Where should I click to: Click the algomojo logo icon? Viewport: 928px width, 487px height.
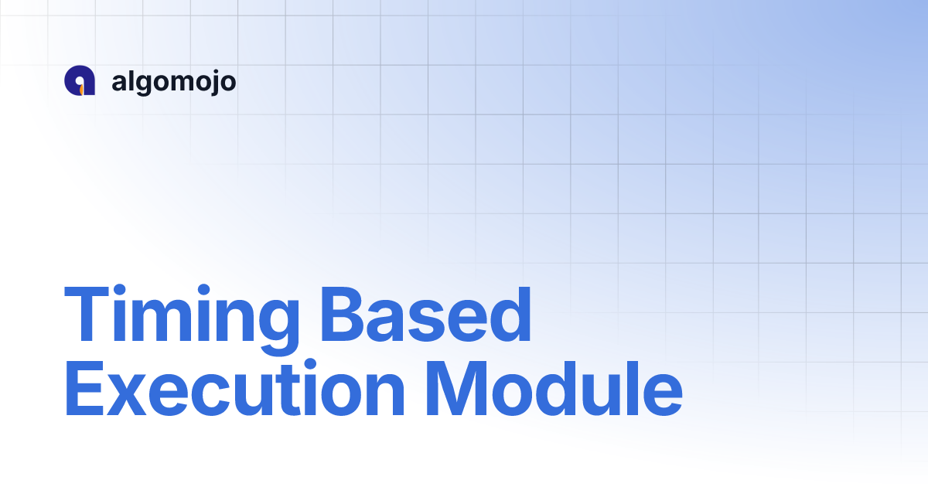click(80, 81)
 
